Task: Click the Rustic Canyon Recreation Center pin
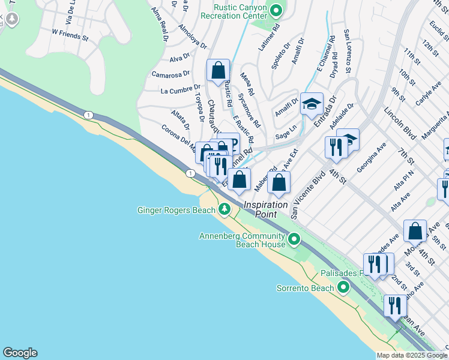(x=276, y=10)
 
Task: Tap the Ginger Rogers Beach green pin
(x=224, y=209)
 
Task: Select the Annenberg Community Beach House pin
(x=294, y=240)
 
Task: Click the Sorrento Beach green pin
(x=343, y=288)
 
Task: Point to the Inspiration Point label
(x=265, y=210)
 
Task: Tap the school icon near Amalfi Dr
(x=312, y=104)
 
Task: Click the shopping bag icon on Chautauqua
(x=218, y=70)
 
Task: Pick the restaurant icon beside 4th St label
(x=335, y=146)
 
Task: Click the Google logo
(x=20, y=353)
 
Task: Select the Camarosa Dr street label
(x=166, y=74)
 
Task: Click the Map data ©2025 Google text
(x=412, y=355)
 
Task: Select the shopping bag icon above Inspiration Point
(x=279, y=182)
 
